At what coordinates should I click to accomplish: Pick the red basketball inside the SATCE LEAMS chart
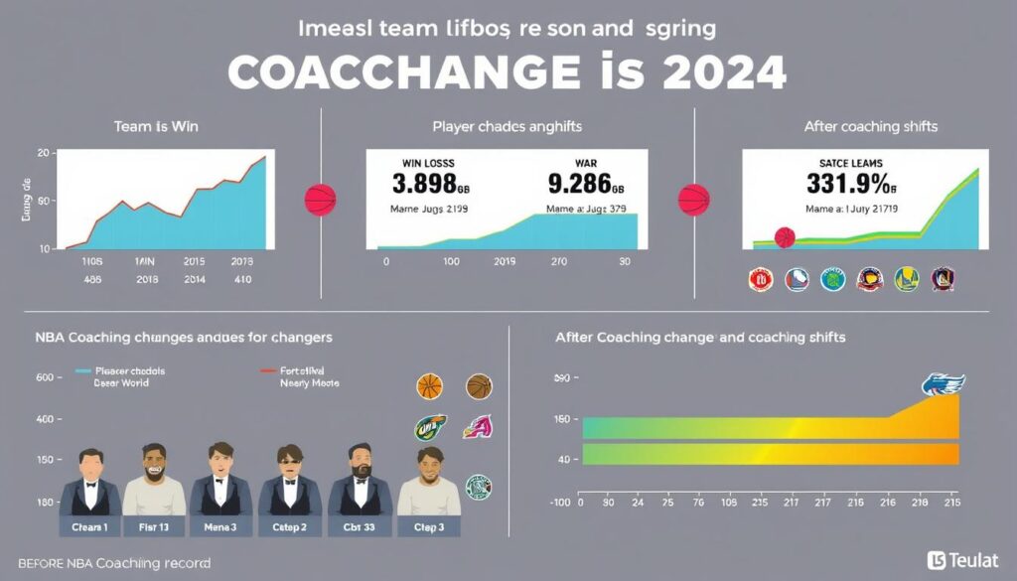pos(785,237)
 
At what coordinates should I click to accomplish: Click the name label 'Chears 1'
pos(89,526)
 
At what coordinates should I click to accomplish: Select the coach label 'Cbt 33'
pos(360,526)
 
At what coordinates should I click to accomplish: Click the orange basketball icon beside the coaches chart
pos(429,386)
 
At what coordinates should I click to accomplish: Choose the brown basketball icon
pos(479,386)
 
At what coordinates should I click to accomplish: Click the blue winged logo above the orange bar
pos(943,385)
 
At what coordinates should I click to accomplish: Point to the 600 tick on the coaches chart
pos(43,377)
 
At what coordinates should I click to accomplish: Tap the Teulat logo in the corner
pos(961,560)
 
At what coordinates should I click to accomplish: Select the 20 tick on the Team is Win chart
pos(43,153)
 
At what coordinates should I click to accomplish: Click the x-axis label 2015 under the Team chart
pos(195,262)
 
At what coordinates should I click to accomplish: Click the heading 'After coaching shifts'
pos(871,127)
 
